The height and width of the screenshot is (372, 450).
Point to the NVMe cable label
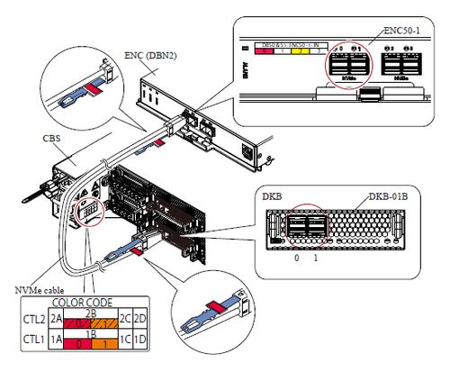[x=38, y=290]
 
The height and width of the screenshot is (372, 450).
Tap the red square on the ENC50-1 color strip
[x=266, y=52]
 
